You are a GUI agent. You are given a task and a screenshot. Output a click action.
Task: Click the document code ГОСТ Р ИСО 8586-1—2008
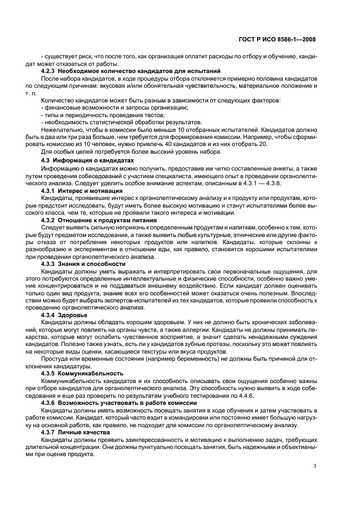(277, 39)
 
